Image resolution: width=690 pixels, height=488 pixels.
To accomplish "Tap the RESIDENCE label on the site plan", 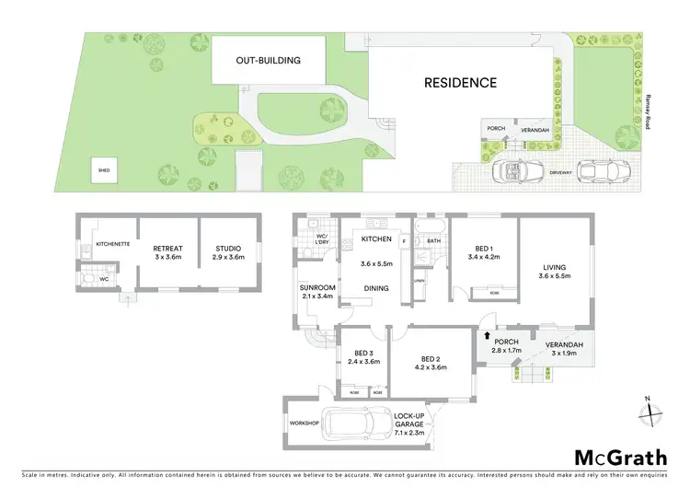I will tap(460, 83).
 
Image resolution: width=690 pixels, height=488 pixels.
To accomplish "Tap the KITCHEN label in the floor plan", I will tap(376, 240).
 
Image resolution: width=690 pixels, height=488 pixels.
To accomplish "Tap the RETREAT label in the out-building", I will tap(167, 249).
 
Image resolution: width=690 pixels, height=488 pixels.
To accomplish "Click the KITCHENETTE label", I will tap(110, 245).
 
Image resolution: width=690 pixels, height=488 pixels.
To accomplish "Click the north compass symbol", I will tap(651, 411).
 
